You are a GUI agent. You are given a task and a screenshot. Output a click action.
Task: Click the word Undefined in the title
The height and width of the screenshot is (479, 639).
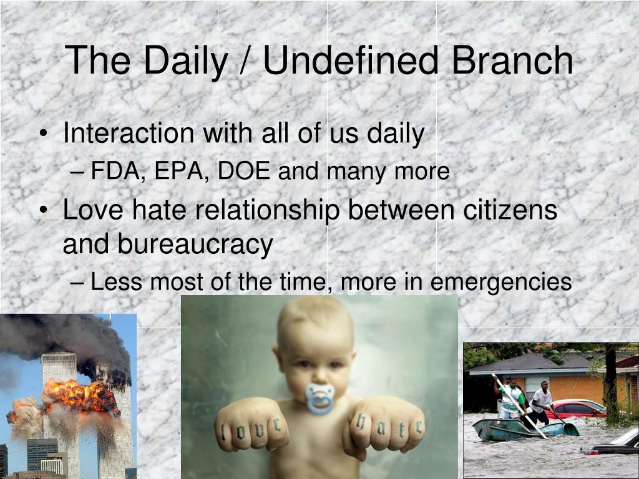pos(351,60)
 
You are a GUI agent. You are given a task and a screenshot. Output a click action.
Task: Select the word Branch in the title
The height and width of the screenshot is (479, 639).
pos(512,60)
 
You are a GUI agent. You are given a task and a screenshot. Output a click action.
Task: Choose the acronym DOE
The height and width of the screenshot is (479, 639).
pos(244,170)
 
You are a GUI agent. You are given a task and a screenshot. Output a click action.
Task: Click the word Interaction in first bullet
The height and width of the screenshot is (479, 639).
pos(129,133)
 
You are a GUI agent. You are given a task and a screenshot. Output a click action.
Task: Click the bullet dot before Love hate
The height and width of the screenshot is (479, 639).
pos(44,210)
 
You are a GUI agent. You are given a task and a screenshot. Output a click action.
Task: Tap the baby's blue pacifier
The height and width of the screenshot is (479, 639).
pos(320,399)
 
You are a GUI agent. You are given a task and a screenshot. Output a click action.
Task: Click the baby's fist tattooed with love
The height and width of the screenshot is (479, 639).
pos(252,425)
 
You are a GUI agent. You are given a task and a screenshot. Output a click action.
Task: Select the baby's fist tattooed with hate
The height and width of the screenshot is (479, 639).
pos(387,425)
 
